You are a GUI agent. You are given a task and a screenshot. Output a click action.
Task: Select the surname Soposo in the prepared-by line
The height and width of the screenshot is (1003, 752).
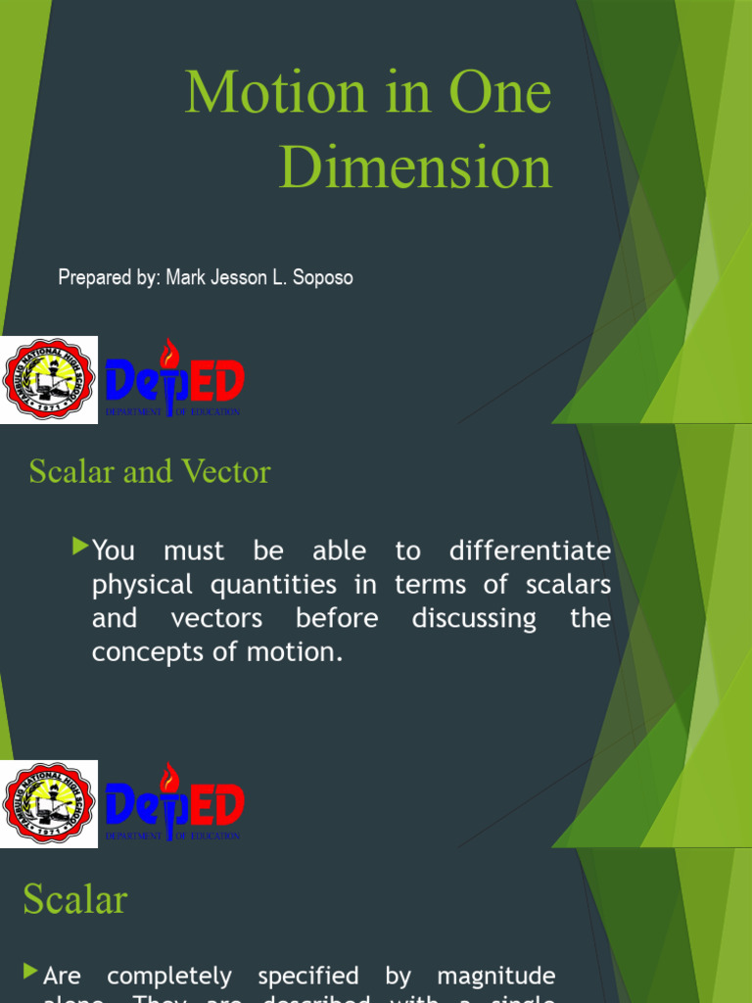(x=319, y=277)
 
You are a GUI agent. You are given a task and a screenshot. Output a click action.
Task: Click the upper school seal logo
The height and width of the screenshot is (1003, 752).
(x=49, y=380)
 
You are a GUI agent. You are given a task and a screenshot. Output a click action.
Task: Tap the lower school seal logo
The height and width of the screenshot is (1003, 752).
(x=49, y=804)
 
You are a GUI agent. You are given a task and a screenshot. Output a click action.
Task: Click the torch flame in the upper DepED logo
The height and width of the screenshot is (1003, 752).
(x=170, y=352)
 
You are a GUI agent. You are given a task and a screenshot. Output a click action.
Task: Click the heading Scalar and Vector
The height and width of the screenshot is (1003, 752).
(x=150, y=472)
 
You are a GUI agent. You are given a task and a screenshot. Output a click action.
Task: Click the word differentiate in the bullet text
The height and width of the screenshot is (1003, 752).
(x=530, y=550)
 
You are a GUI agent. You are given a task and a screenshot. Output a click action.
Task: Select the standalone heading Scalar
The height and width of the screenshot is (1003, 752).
(x=75, y=899)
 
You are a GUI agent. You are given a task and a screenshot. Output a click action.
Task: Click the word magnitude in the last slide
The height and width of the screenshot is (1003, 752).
(x=495, y=976)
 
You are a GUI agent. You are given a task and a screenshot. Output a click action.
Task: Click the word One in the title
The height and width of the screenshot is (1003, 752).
(x=500, y=93)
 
